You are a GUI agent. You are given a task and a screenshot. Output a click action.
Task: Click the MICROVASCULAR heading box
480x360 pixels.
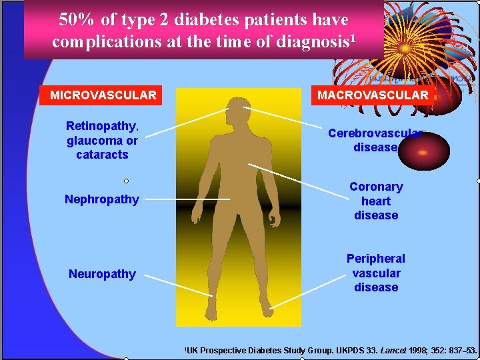tap(103, 95)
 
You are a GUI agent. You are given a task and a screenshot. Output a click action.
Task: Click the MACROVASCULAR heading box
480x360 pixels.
tap(373, 95)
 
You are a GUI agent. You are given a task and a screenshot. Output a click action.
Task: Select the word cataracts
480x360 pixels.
tap(102, 155)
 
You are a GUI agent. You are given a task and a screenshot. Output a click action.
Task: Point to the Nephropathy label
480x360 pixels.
tap(102, 199)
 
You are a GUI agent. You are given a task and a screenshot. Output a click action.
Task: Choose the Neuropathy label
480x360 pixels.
tap(102, 273)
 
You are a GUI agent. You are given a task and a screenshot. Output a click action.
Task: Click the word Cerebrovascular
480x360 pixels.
tap(373, 133)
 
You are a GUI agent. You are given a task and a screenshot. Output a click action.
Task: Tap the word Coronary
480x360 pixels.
tap(376, 187)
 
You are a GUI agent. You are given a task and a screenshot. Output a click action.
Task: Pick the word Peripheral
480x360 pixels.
tap(375, 259)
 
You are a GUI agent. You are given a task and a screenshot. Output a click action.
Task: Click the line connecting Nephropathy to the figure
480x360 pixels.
tap(187, 199)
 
